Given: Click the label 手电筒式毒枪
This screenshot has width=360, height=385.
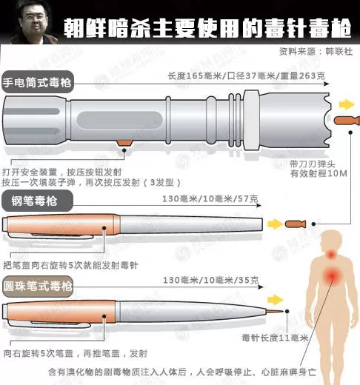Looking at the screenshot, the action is pos(37,82).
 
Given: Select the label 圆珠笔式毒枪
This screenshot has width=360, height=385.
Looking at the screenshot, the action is pos(38,287).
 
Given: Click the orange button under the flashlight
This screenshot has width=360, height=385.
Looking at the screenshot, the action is pos(124,143).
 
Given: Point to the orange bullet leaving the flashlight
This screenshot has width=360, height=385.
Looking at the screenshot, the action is pos(346,121).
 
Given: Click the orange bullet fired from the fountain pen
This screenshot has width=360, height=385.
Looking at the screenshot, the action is pos(296,224).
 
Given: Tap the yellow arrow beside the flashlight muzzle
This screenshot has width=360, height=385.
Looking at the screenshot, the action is pos(347,104).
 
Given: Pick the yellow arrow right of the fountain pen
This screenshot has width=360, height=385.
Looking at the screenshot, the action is pos(275,224).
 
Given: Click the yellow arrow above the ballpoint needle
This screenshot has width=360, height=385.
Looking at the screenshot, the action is pos(275,300).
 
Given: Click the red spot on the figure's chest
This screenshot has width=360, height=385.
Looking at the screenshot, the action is pos(332,275).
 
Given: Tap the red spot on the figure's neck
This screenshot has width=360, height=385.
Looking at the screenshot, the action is pos(331,254).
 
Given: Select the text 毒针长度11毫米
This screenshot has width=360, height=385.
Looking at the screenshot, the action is pos(275,338).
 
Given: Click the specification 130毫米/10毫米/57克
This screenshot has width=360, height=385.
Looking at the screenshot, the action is pos(210,198).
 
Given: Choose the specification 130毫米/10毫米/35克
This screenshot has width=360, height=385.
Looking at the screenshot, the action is pos(211,280).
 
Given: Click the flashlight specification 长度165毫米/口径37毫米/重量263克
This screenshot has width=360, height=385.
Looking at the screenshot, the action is pos(246,76).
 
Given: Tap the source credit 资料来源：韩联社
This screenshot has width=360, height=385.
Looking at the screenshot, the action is pos(316,52).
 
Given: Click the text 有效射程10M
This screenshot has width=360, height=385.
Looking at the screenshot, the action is pos(319,173).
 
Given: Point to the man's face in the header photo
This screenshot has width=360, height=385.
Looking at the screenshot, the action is pos(34,21).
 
